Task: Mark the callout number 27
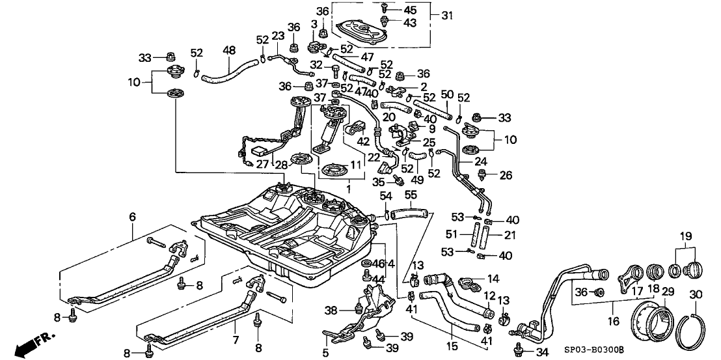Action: click(262, 165)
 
